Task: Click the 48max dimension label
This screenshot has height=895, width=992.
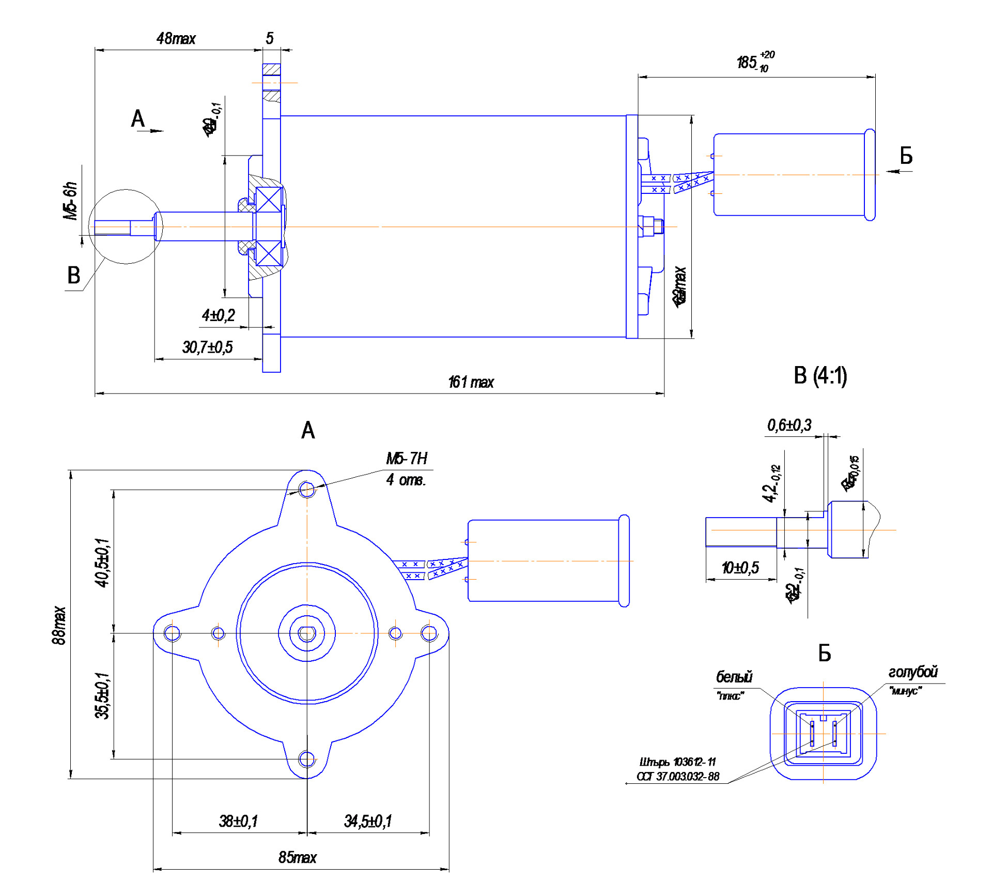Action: coord(176,39)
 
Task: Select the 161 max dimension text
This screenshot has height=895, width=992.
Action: coord(471,383)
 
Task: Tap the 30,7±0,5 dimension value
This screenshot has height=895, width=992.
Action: coord(207,347)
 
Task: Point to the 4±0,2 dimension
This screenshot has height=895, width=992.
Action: coord(218,315)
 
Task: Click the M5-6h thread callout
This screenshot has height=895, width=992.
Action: coord(71,201)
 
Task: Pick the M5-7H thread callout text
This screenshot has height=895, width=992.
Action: coord(407,459)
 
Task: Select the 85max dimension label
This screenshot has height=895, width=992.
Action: coord(297,858)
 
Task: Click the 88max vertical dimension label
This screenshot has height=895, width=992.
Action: coord(59,626)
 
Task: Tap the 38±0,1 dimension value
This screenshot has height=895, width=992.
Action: coord(238,821)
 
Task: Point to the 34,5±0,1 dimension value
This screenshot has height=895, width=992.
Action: coord(368,821)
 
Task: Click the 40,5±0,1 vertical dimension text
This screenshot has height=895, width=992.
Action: coord(102,562)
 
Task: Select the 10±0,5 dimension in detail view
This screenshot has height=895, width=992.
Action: coord(740,568)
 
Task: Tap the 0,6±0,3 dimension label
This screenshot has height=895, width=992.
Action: coord(789,426)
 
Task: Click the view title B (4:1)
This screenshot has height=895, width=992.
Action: coord(820,376)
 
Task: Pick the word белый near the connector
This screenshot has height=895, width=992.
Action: coord(734,677)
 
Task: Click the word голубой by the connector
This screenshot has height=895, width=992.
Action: coord(912,672)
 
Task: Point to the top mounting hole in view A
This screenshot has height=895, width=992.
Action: coord(307,489)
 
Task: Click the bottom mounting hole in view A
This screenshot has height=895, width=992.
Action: coord(307,759)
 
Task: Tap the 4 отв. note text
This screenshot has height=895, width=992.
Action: coord(406,480)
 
